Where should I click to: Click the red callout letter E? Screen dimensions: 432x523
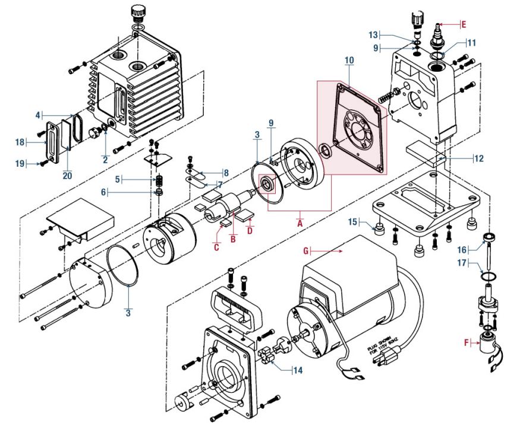click(464, 24)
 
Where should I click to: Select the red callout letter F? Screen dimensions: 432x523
click(467, 342)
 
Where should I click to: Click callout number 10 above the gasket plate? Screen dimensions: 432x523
click(349, 61)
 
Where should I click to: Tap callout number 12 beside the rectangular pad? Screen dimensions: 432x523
click(480, 158)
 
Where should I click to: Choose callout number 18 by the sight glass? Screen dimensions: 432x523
click(21, 142)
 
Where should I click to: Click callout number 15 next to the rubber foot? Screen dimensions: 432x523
click(353, 222)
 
